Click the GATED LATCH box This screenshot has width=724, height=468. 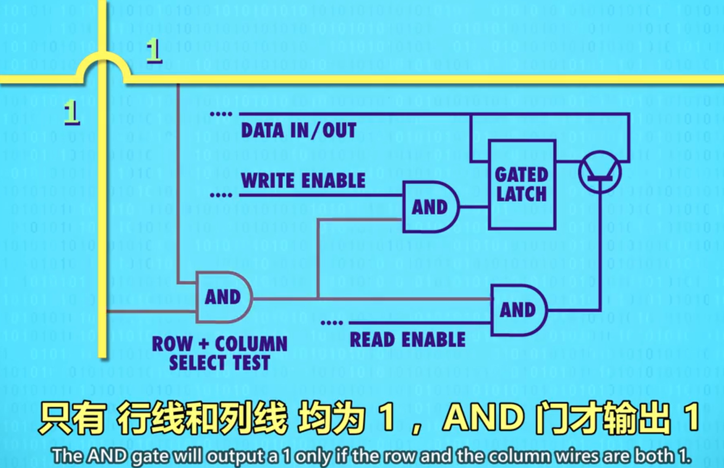(x=522, y=184)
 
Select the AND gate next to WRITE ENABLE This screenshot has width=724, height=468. (x=430, y=207)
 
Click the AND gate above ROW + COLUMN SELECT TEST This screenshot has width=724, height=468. (x=223, y=297)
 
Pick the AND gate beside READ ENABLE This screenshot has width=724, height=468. (x=518, y=310)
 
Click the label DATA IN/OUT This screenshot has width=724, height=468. (x=298, y=130)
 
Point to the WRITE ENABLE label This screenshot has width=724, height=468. (x=303, y=181)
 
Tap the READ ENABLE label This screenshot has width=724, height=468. (x=407, y=339)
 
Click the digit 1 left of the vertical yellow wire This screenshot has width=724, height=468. (x=71, y=114)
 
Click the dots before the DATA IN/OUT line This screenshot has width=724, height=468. (x=220, y=114)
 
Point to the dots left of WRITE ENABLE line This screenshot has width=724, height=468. (x=220, y=195)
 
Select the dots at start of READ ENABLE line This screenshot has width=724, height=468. (x=331, y=323)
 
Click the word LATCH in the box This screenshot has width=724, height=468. (x=522, y=194)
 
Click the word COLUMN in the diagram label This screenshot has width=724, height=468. (x=251, y=344)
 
